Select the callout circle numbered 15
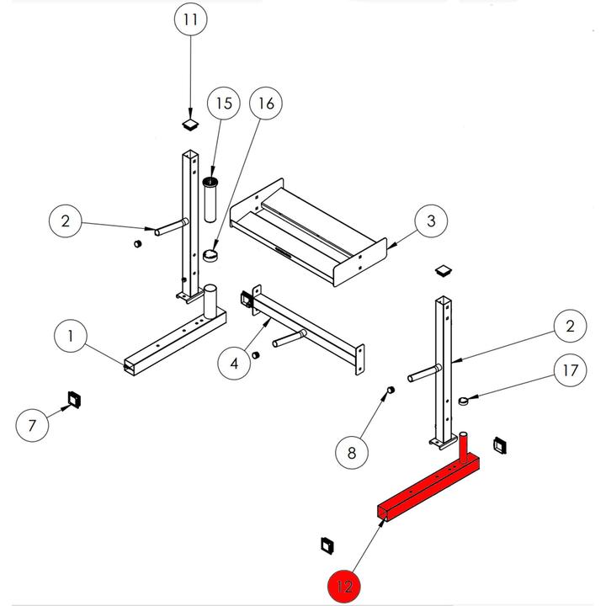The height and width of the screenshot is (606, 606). tap(224, 104)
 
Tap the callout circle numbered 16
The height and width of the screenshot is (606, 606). tap(265, 104)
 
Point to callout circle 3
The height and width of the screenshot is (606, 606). tap(430, 221)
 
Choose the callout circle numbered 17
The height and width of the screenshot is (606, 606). tap(570, 369)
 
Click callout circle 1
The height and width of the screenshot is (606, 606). tap(72, 338)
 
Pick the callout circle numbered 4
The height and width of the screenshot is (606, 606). tap(235, 363)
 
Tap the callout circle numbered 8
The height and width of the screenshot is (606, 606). tap(353, 453)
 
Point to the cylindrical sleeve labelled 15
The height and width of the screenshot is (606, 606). tap(210, 199)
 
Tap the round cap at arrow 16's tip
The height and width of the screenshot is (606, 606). tap(210, 253)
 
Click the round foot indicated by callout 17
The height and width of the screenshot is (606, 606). tap(464, 401)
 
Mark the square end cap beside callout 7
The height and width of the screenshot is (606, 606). tap(72, 397)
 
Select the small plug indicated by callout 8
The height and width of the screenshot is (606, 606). tap(391, 390)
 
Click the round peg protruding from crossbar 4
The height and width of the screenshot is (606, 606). tap(286, 341)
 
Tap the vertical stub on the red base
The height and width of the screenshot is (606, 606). tap(462, 444)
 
